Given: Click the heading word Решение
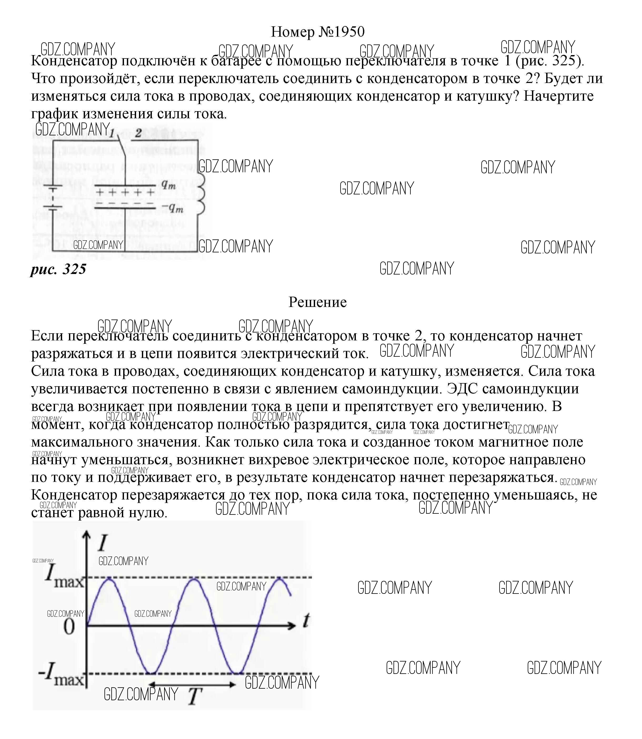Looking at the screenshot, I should pos(317,302).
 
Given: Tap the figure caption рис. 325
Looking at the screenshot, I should pos(58,269).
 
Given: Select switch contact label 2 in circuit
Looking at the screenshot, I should pos(138,133).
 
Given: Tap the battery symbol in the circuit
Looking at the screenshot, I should pos(53,198).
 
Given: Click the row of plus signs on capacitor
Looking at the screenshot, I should pos(125,193).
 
